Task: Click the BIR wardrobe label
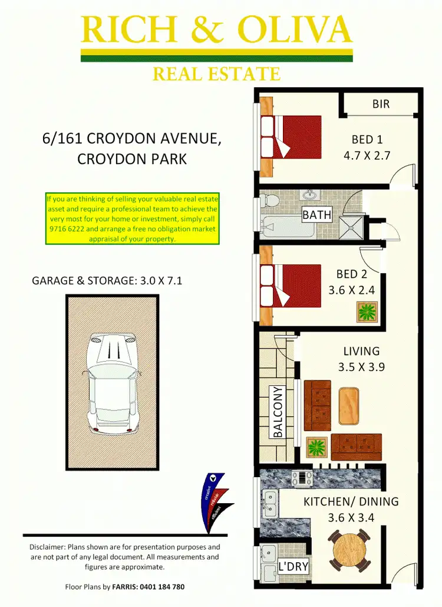pos(381,104)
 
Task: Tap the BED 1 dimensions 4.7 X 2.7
pos(367,156)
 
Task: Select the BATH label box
pos(317,215)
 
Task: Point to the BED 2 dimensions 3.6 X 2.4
pos(351,290)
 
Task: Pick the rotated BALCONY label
pos(278,412)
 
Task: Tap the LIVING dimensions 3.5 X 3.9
pos(361,367)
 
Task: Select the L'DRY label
pos(293,567)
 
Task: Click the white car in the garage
pos(111,380)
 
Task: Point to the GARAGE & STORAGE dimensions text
pos(107,281)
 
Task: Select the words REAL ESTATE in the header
pos(216,74)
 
